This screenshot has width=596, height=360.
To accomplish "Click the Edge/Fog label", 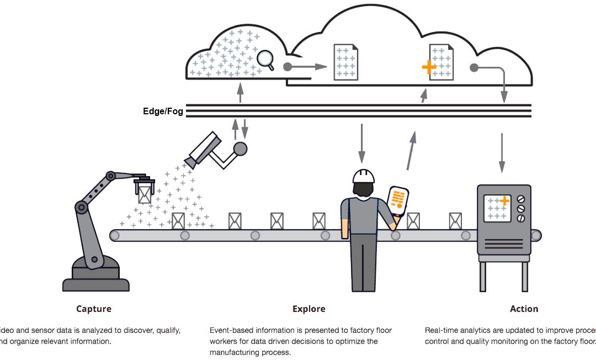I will [163, 111].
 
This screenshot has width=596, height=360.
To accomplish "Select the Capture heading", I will [94, 309].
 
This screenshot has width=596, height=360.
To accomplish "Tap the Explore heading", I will [308, 309].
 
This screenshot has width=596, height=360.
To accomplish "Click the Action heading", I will [524, 309].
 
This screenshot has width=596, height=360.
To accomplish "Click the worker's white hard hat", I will [364, 176].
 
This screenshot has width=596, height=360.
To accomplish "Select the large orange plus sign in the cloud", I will [429, 67].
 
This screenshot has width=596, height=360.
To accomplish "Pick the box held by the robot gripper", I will [145, 194].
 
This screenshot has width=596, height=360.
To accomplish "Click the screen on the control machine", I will [496, 209].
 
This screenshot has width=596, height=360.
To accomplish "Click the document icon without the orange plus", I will [345, 62].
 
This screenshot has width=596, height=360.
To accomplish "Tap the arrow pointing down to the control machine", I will [502, 152].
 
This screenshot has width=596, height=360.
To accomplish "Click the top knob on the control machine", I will [520, 199].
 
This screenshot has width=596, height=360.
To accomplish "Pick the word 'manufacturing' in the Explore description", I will [235, 352].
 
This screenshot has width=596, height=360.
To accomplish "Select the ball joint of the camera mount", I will [240, 148].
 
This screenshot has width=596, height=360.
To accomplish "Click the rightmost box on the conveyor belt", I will [455, 221].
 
